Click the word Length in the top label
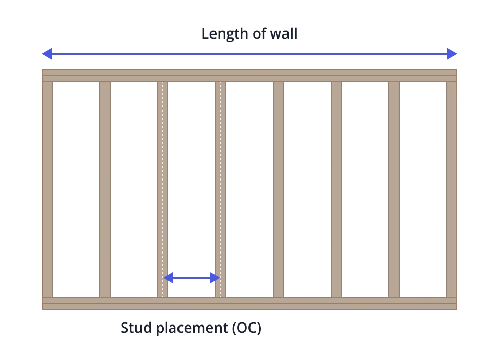point(222,34)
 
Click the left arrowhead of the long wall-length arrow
point(46,53)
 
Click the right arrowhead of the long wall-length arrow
point(452,53)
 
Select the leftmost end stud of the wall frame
point(47,190)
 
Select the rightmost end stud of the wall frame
point(452,190)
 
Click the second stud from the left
point(105,190)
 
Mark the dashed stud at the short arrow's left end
point(162,190)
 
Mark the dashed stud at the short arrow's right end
point(221,190)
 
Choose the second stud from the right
point(394,190)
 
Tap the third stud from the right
point(336,190)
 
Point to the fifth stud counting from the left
point(278,190)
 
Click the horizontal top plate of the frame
point(249,76)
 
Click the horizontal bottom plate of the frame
point(249,304)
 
